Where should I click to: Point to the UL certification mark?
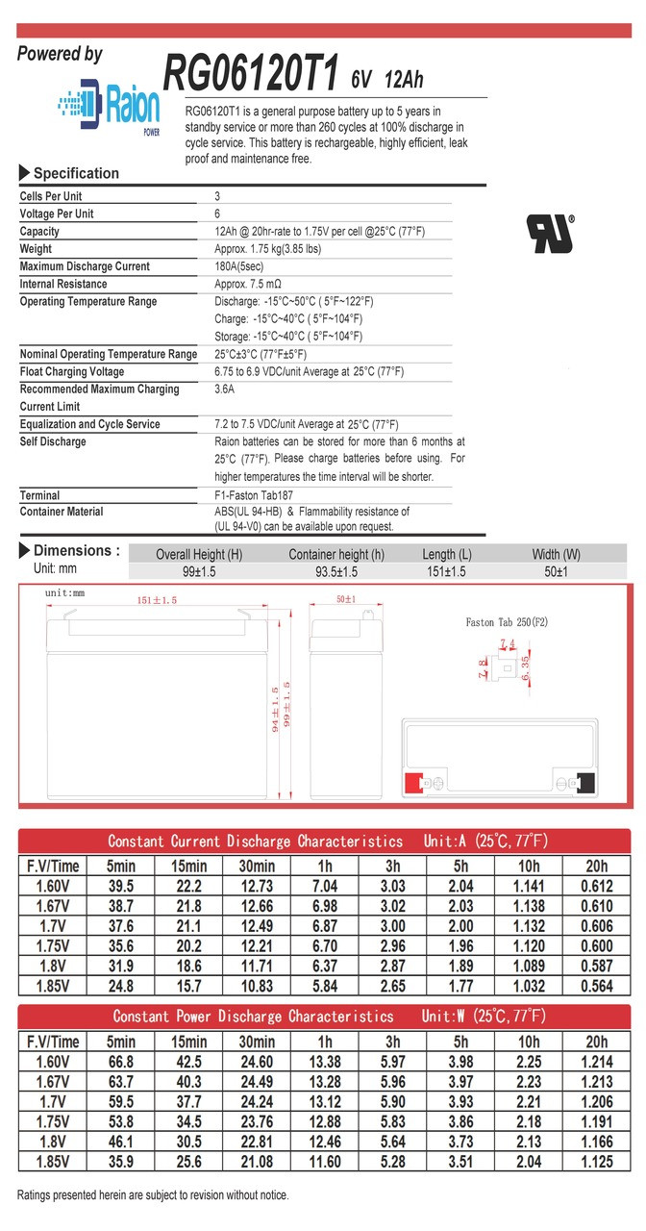(x=549, y=233)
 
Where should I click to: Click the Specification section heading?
(x=76, y=174)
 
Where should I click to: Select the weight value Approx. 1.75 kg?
(x=267, y=249)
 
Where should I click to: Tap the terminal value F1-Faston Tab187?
(x=256, y=495)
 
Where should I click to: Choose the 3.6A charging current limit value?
(x=225, y=389)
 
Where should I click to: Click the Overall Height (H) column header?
(x=199, y=555)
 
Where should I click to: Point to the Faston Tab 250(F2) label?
(x=507, y=622)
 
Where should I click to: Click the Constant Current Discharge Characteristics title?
(x=255, y=842)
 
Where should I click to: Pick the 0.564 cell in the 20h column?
(x=596, y=986)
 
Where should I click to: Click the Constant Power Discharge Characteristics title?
(x=253, y=1017)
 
